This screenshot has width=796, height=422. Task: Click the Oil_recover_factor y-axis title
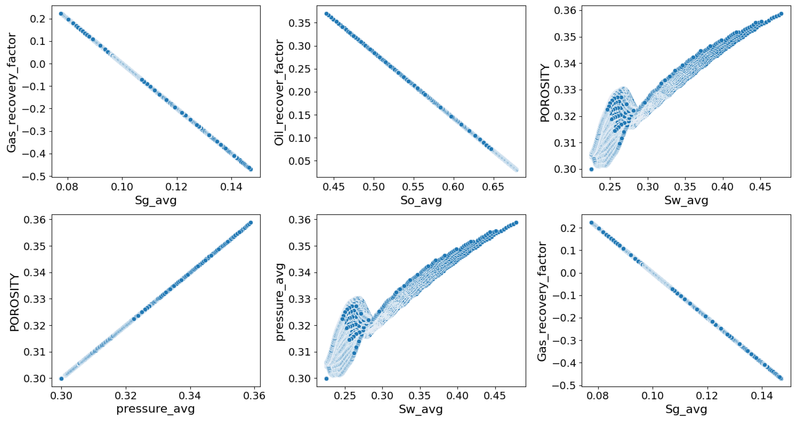click(x=279, y=92)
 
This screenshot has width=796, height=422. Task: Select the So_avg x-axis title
click(x=421, y=200)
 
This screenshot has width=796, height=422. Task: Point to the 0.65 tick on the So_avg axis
click(x=493, y=187)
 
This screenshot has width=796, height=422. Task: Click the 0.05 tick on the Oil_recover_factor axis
click(x=299, y=161)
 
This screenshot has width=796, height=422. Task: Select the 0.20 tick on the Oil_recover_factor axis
click(x=299, y=92)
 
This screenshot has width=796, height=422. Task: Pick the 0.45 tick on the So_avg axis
click(x=334, y=187)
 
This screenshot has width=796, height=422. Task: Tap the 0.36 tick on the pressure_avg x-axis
click(x=254, y=396)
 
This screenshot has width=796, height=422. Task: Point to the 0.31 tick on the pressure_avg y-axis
click(x=299, y=352)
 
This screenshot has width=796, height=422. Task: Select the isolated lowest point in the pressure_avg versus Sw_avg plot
click(x=326, y=378)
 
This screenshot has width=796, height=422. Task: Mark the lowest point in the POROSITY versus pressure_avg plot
click(x=61, y=378)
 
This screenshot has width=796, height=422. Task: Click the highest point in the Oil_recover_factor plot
click(x=326, y=14)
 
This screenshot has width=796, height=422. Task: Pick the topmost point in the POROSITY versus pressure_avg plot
click(x=251, y=223)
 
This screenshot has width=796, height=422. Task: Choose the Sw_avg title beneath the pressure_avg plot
click(x=421, y=409)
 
